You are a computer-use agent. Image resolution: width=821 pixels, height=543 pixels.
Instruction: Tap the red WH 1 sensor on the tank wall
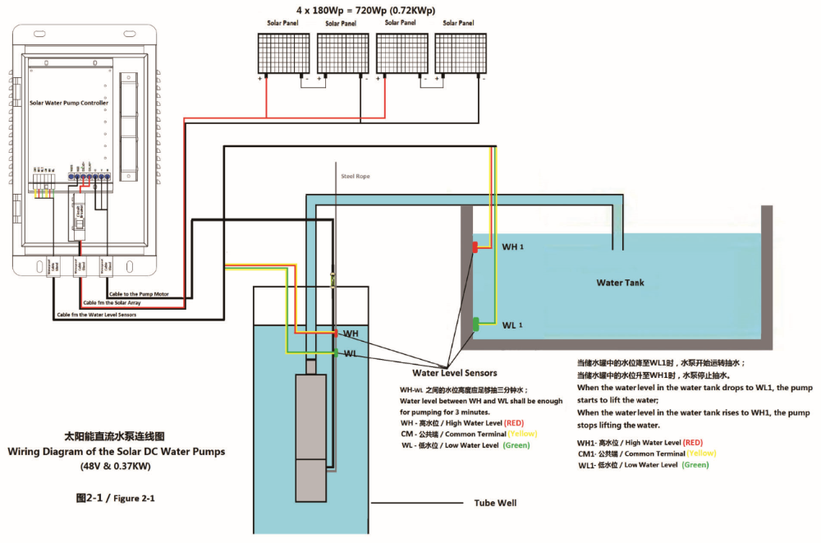[x=475, y=246]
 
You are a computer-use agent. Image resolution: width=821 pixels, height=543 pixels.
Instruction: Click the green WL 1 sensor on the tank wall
[x=476, y=324]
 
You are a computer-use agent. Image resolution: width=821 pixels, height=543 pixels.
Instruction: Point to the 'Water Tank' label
[x=620, y=283]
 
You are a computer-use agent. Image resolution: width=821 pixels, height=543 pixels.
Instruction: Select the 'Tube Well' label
[x=496, y=503]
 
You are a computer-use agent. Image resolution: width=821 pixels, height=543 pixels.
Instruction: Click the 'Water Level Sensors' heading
[x=454, y=373]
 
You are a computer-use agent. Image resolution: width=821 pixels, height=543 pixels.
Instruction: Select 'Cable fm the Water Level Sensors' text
[x=96, y=314]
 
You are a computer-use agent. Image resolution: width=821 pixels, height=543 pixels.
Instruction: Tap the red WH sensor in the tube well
[x=336, y=334]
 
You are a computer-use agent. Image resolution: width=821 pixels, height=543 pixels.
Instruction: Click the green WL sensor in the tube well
[x=336, y=353]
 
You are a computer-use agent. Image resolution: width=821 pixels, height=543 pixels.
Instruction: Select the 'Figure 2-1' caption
[x=115, y=498]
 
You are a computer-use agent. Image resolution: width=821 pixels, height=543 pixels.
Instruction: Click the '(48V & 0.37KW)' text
[x=116, y=467]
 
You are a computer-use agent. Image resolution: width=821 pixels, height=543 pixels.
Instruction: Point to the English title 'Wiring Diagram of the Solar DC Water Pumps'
[x=116, y=451]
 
